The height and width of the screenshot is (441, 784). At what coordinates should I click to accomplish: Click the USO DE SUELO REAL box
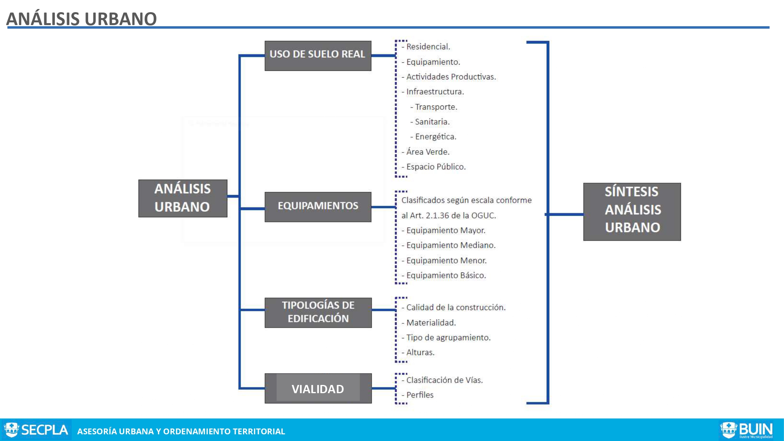[x=318, y=56]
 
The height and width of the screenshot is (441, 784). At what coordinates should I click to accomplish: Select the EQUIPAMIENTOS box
[x=318, y=207]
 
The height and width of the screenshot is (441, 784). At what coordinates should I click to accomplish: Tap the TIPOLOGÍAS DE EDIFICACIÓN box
[x=318, y=312]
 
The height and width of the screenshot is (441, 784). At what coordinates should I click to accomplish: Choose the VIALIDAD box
[x=318, y=388]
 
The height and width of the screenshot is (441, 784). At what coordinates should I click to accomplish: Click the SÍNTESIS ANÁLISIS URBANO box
[x=632, y=212]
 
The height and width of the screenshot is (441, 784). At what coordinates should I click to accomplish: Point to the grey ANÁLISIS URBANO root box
[x=183, y=198]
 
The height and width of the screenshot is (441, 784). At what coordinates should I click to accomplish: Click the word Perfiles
[x=420, y=395]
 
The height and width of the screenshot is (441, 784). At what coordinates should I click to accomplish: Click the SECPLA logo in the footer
[x=36, y=430]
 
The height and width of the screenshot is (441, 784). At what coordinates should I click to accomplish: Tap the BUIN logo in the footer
[x=746, y=430]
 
